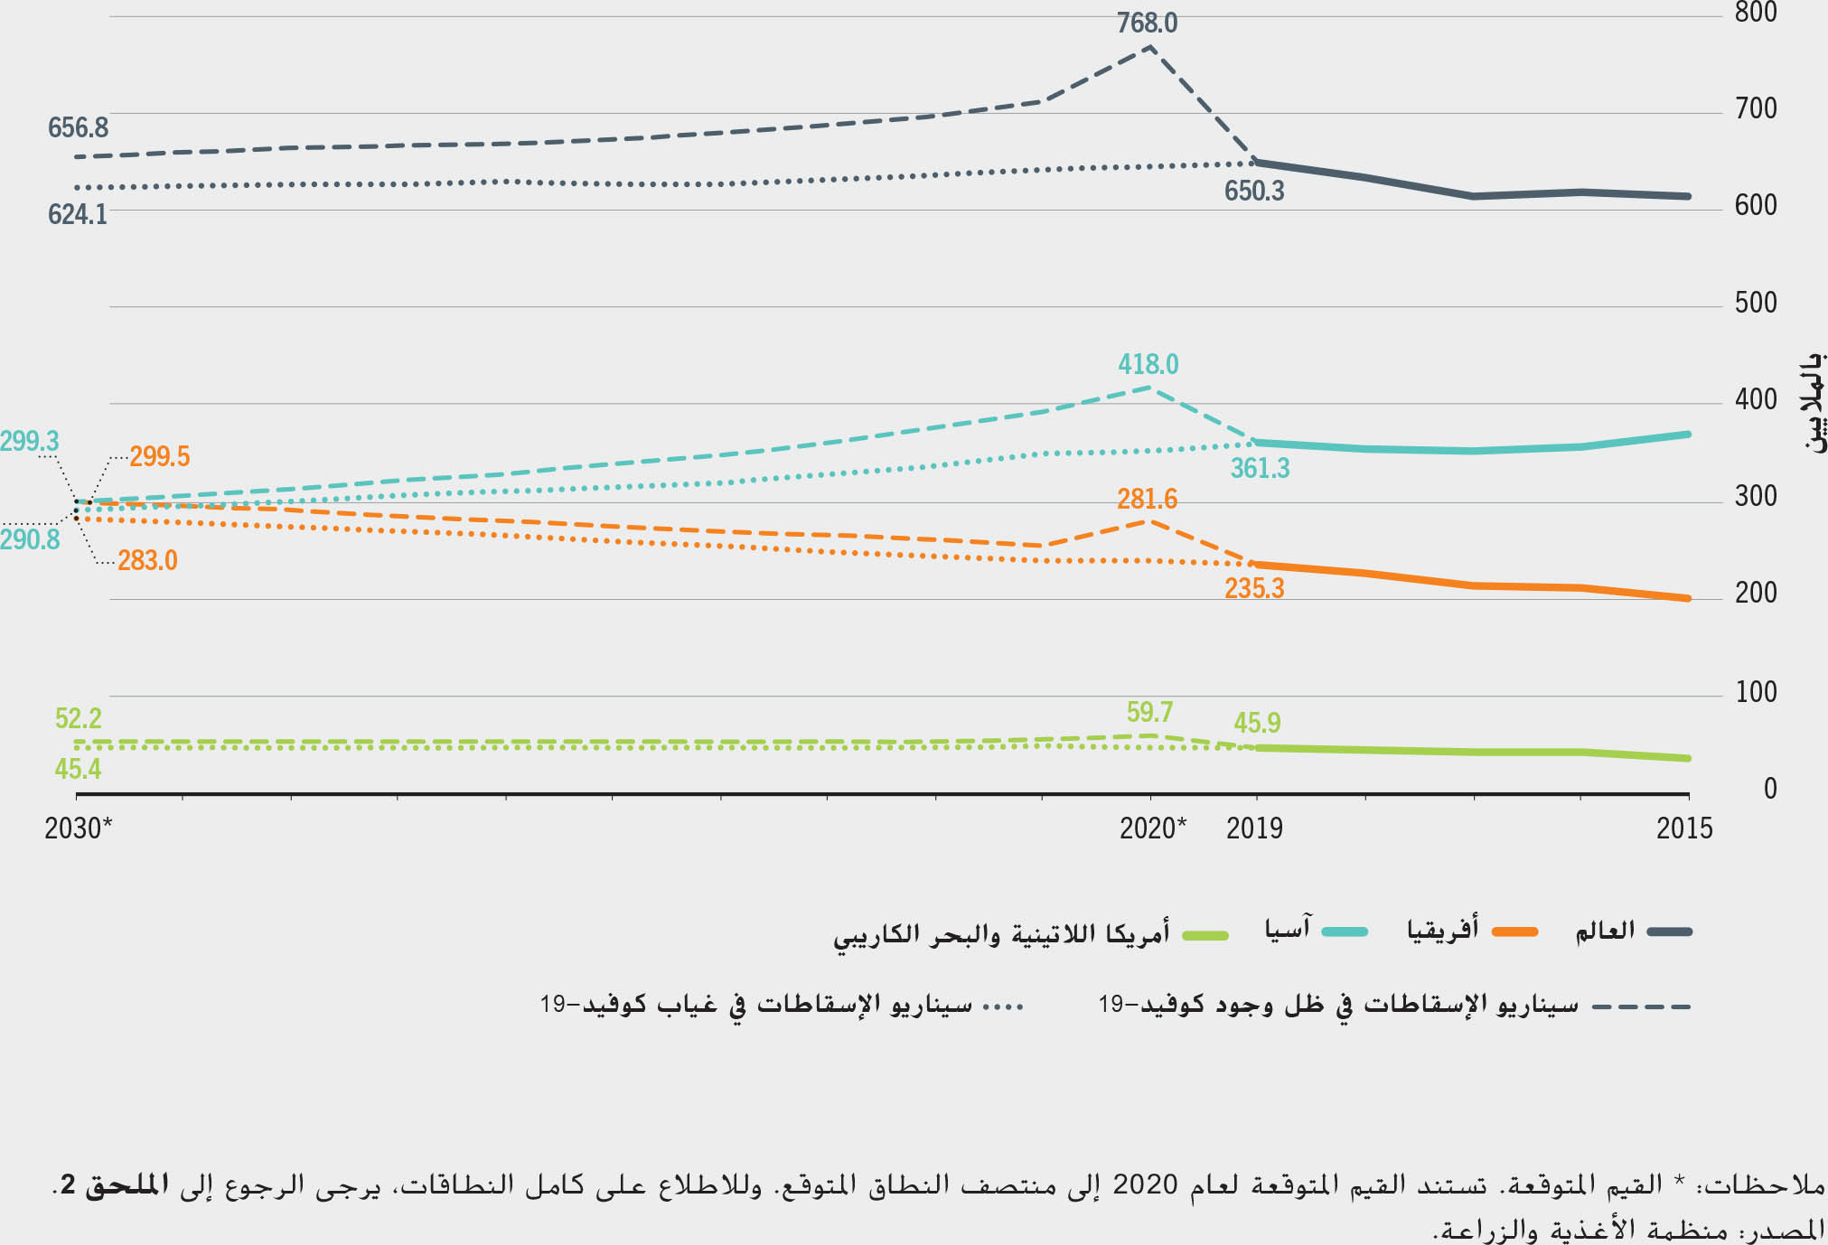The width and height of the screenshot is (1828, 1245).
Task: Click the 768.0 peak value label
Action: tap(1147, 23)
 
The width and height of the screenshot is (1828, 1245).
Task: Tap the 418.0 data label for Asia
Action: tap(1148, 364)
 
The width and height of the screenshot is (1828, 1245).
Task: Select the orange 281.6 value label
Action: tap(1147, 499)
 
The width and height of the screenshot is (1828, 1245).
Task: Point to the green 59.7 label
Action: tap(1149, 712)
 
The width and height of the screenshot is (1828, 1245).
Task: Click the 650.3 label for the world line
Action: tap(1254, 192)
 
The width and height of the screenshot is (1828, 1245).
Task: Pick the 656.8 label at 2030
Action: tap(78, 127)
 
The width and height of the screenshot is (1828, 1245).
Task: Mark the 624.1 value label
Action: tap(78, 214)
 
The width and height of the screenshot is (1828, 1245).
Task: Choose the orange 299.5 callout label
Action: tap(159, 456)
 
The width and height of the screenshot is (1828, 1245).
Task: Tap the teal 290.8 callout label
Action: tap(30, 539)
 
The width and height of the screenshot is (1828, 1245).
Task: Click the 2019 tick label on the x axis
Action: tap(1254, 828)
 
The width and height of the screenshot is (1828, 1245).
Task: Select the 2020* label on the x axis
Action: tap(1153, 828)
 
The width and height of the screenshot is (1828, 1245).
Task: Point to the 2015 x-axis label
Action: tap(1684, 828)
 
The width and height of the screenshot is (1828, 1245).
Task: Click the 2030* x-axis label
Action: tap(78, 828)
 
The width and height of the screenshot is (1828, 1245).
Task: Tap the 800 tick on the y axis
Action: tap(1756, 13)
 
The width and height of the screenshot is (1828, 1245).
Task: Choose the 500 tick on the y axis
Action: tap(1756, 303)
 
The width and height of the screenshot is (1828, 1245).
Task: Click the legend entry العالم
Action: tap(1605, 931)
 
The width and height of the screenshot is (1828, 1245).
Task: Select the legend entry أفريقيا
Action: tap(1442, 930)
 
